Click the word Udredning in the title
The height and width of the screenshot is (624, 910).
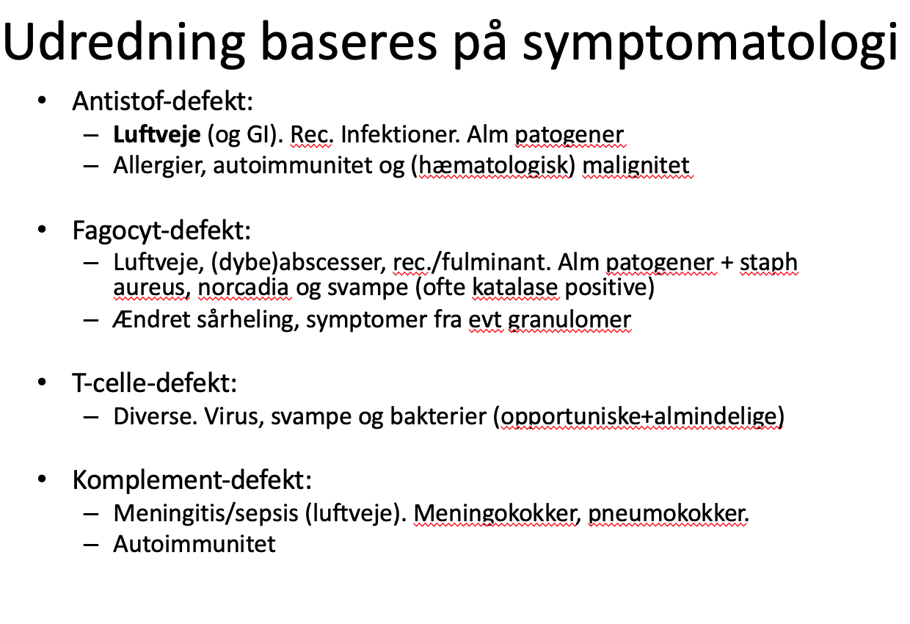pyautogui.click(x=124, y=43)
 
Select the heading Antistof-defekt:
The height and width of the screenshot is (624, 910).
pyautogui.click(x=162, y=101)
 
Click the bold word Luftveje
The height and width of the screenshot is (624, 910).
pyautogui.click(x=157, y=134)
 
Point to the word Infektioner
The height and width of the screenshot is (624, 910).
pyautogui.click(x=400, y=134)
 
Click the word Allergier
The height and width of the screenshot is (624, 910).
pyautogui.click(x=160, y=166)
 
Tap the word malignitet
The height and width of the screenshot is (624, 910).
pyautogui.click(x=636, y=166)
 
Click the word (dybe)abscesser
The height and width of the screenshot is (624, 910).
pyautogui.click(x=299, y=263)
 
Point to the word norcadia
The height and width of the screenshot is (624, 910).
pyautogui.click(x=243, y=287)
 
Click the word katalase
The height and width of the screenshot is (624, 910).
pyautogui.click(x=514, y=287)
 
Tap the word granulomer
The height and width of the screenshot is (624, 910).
pyautogui.click(x=569, y=320)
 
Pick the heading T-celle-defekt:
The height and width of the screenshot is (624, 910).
pyautogui.click(x=154, y=383)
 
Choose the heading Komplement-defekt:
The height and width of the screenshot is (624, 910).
pyautogui.click(x=192, y=481)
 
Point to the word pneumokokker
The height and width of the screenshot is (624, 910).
pyautogui.click(x=669, y=514)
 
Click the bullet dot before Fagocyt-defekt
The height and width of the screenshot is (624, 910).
pyautogui.click(x=42, y=230)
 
